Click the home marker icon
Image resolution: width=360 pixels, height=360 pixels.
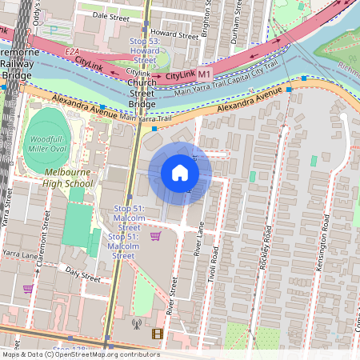[x=180, y=173]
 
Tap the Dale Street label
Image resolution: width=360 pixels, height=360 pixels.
[x=110, y=16]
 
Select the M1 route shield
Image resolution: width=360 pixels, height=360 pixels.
[x=205, y=74]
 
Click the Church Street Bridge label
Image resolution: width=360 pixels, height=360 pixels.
[x=142, y=93]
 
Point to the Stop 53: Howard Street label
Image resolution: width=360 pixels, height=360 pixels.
[x=144, y=50]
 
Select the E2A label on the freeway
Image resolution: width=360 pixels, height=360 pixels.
[x=71, y=51]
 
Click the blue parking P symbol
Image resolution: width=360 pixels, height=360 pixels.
[x=54, y=30]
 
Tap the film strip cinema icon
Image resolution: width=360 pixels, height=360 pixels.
[x=156, y=334]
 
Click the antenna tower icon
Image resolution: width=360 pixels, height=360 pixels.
[x=135, y=325]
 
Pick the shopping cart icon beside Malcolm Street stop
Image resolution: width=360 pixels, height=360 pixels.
[x=154, y=235]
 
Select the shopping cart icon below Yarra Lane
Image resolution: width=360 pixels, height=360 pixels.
[x=28, y=289]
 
